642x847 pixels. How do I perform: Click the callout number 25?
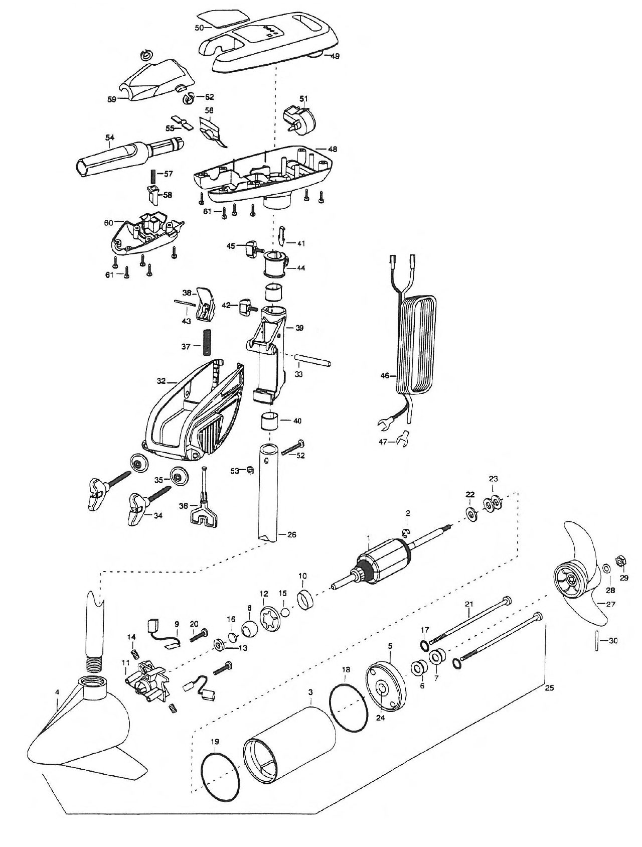pyautogui.click(x=549, y=688)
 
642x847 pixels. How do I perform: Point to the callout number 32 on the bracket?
pyautogui.click(x=160, y=381)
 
